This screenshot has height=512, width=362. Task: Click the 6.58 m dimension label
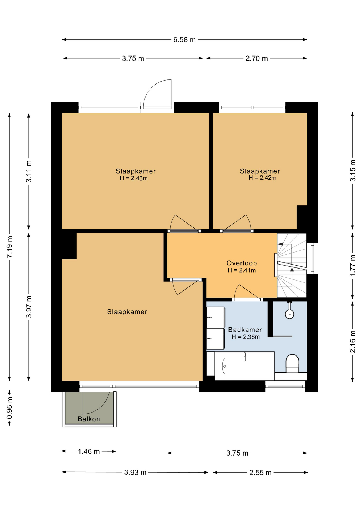coord(184,40)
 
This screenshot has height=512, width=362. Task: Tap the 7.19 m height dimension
coord(10,247)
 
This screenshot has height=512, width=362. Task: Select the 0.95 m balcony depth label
coord(10,408)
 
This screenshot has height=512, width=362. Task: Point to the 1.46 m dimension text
coord(89,451)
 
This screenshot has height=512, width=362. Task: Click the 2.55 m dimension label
coord(260,473)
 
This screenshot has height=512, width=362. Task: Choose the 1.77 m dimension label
coord(353,266)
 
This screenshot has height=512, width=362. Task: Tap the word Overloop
coord(242,263)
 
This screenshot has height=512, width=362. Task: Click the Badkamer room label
coord(245,330)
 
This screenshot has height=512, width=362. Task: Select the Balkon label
coord(89,419)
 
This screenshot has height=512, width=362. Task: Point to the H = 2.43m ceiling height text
coord(134,178)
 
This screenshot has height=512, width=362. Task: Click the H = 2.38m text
coord(246,337)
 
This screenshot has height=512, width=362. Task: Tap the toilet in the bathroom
coord(292,363)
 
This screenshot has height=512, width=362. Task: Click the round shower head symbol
coord(290,314)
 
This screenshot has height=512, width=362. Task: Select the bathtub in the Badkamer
coord(244,366)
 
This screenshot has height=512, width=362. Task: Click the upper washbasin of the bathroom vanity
coord(216,317)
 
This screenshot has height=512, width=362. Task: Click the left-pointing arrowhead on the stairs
coord(280,244)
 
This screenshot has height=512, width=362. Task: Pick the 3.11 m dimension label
coord(29,171)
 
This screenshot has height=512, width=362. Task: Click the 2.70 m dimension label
coord(256,58)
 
